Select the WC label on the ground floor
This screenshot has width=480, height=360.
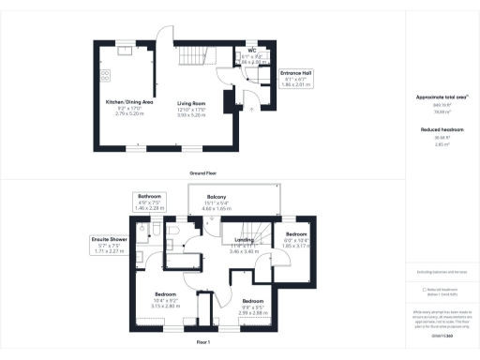tap(252, 51)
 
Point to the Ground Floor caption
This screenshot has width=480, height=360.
tap(204, 173)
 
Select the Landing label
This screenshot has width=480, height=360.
tap(244, 239)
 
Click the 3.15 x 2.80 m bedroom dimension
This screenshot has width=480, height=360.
tap(166, 306)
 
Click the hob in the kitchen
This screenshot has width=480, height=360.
tap(106, 75)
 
